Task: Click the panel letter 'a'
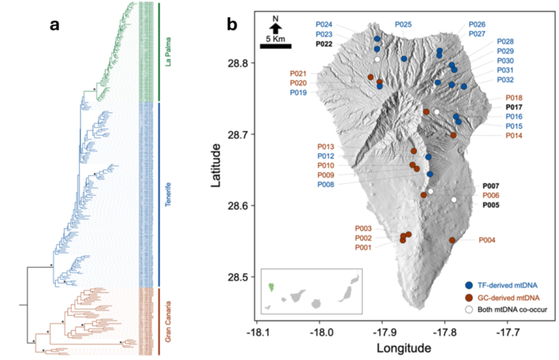tap(54, 25)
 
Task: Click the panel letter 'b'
tap(231, 25)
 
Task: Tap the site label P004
tap(488, 240)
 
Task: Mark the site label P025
tap(403, 25)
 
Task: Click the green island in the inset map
tap(271, 286)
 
